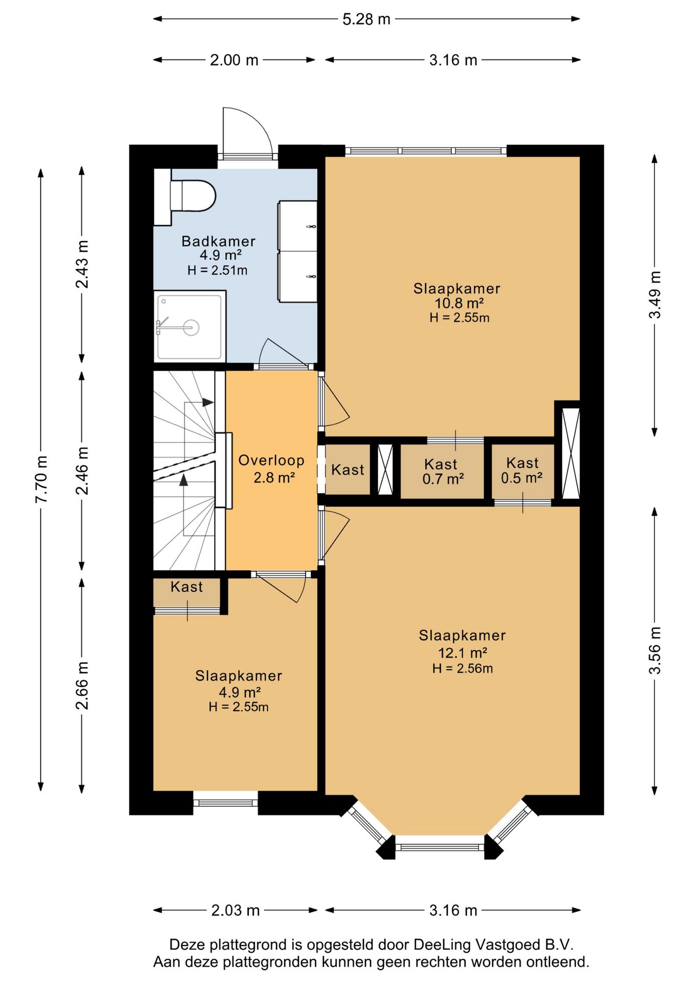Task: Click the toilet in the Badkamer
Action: [x=192, y=196]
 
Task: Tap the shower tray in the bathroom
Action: [x=190, y=326]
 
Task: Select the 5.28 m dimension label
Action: [x=366, y=19]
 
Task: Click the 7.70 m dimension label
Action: [x=41, y=479]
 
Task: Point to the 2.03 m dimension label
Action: [x=235, y=910]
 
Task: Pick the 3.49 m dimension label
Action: [x=655, y=294]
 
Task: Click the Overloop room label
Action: [x=271, y=460]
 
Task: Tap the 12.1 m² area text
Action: [x=463, y=653]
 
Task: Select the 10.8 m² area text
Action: [x=460, y=303]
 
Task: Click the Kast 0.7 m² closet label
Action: [x=443, y=472]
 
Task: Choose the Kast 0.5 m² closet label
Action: [x=522, y=471]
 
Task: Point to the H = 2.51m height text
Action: [x=218, y=270]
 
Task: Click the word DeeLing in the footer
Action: [x=441, y=945]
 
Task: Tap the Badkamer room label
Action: [x=219, y=241]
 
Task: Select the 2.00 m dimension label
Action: [x=234, y=60]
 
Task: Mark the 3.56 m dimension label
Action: [x=655, y=650]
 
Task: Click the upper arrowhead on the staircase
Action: [x=208, y=402]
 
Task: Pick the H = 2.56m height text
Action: [x=463, y=669]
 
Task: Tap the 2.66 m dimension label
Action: [x=82, y=686]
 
